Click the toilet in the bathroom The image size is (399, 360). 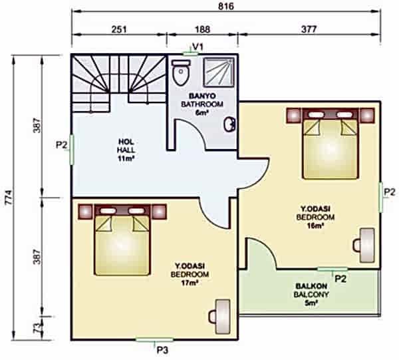[181, 73]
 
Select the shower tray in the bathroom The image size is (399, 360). [219, 73]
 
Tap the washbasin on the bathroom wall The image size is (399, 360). [229, 124]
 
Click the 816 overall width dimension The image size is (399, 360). [226, 7]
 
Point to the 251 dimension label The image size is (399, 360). [119, 29]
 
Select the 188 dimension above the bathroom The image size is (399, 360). [203, 29]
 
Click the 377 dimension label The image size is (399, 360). [309, 29]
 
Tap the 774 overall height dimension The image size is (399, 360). [9, 197]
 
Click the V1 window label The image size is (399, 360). [198, 47]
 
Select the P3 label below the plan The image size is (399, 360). [162, 351]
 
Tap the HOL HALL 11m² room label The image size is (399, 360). [126, 150]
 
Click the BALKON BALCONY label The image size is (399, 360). [311, 290]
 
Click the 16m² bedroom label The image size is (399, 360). [315, 226]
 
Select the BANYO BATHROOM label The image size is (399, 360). [202, 100]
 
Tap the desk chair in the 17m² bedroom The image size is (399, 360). [213, 317]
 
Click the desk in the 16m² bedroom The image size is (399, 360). [367, 246]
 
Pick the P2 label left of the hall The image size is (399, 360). [62, 145]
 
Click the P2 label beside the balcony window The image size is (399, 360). [340, 279]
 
